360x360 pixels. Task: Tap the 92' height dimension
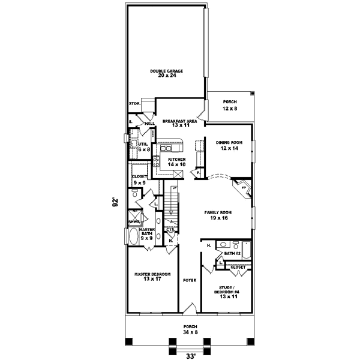coord(115,202)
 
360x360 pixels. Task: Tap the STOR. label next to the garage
coord(134,103)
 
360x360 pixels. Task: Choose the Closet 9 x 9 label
coord(139,179)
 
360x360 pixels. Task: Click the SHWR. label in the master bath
coord(133,222)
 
